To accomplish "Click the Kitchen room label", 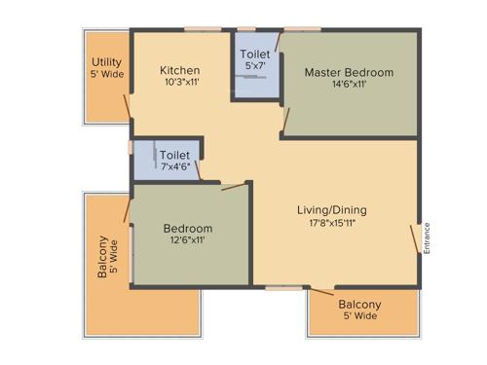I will (180, 70).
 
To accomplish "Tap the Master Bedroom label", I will (349, 73).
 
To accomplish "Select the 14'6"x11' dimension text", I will (349, 86).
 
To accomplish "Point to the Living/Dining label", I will (332, 209).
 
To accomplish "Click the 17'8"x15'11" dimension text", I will (332, 223).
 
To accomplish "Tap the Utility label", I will (106, 62).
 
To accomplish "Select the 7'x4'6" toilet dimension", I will (175, 167).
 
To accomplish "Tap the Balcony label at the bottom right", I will (359, 304).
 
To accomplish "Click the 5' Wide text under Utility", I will (106, 75).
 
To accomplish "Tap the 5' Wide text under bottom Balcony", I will (359, 316).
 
